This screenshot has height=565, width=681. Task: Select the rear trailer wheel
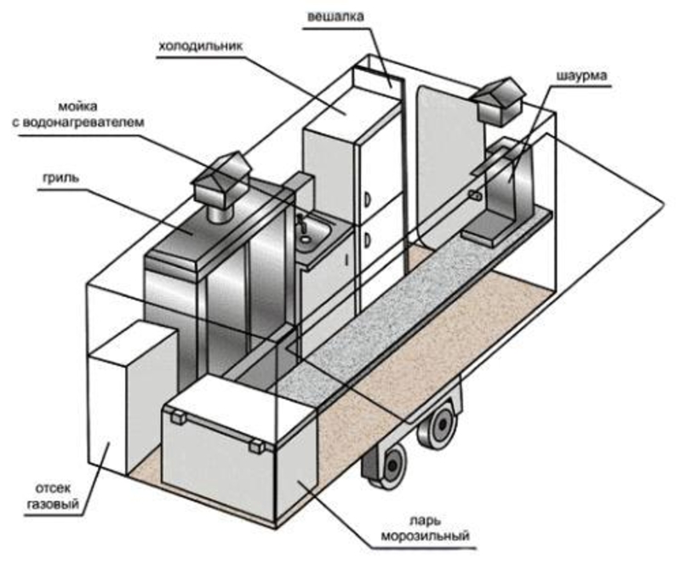click(x=441, y=427)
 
